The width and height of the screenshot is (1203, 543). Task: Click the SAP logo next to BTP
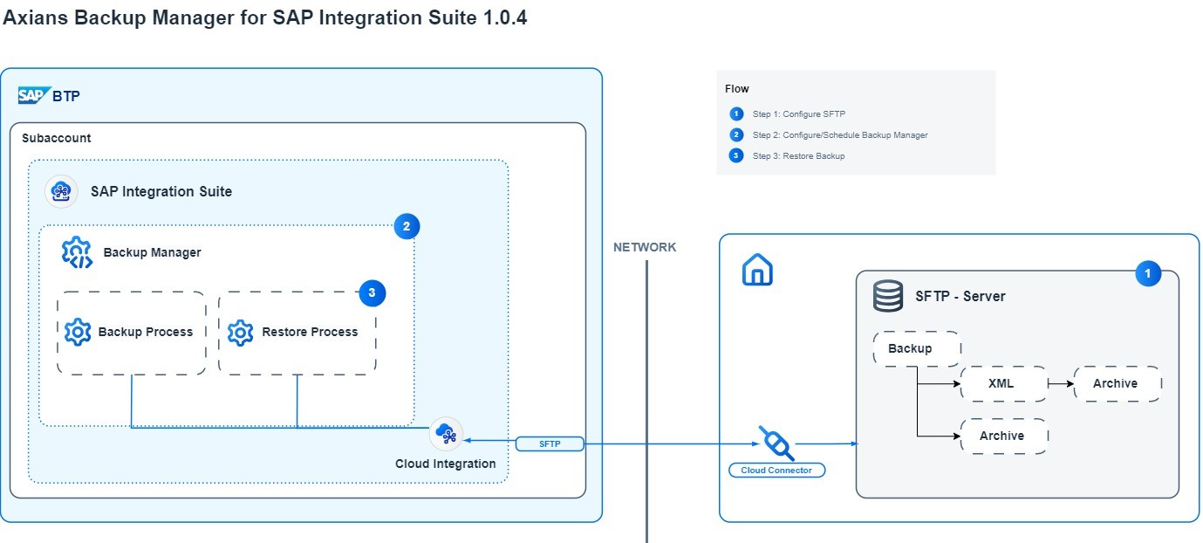pos(33,96)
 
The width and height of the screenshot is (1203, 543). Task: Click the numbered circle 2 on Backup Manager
pos(407,227)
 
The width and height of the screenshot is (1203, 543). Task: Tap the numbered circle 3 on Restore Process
pos(373,293)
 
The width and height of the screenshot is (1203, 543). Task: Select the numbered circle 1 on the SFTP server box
pos(1148,274)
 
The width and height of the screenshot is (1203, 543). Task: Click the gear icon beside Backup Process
pos(78,332)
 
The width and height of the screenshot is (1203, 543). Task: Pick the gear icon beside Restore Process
pos(240,332)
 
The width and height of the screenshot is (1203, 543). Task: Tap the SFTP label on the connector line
pos(550,444)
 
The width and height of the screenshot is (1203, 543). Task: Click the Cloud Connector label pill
pos(776,471)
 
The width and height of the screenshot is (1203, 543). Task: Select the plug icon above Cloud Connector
pos(776,443)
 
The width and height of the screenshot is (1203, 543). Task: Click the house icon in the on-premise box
pos(757,271)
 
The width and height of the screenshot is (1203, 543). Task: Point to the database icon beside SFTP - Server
pos(888,297)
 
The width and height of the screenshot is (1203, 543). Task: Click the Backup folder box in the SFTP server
pos(916,348)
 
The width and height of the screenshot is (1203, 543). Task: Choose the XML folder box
pos(1003,383)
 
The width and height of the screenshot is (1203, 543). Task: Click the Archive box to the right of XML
pos(1118,383)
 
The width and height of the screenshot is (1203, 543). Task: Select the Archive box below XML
pos(1003,436)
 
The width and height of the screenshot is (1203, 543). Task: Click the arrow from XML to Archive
pos(1060,383)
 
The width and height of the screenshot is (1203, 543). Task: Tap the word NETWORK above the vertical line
pos(645,247)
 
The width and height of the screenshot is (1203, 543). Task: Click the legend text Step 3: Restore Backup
pos(798,156)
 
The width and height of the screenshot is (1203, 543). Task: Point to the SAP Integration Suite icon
pos(61,192)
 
